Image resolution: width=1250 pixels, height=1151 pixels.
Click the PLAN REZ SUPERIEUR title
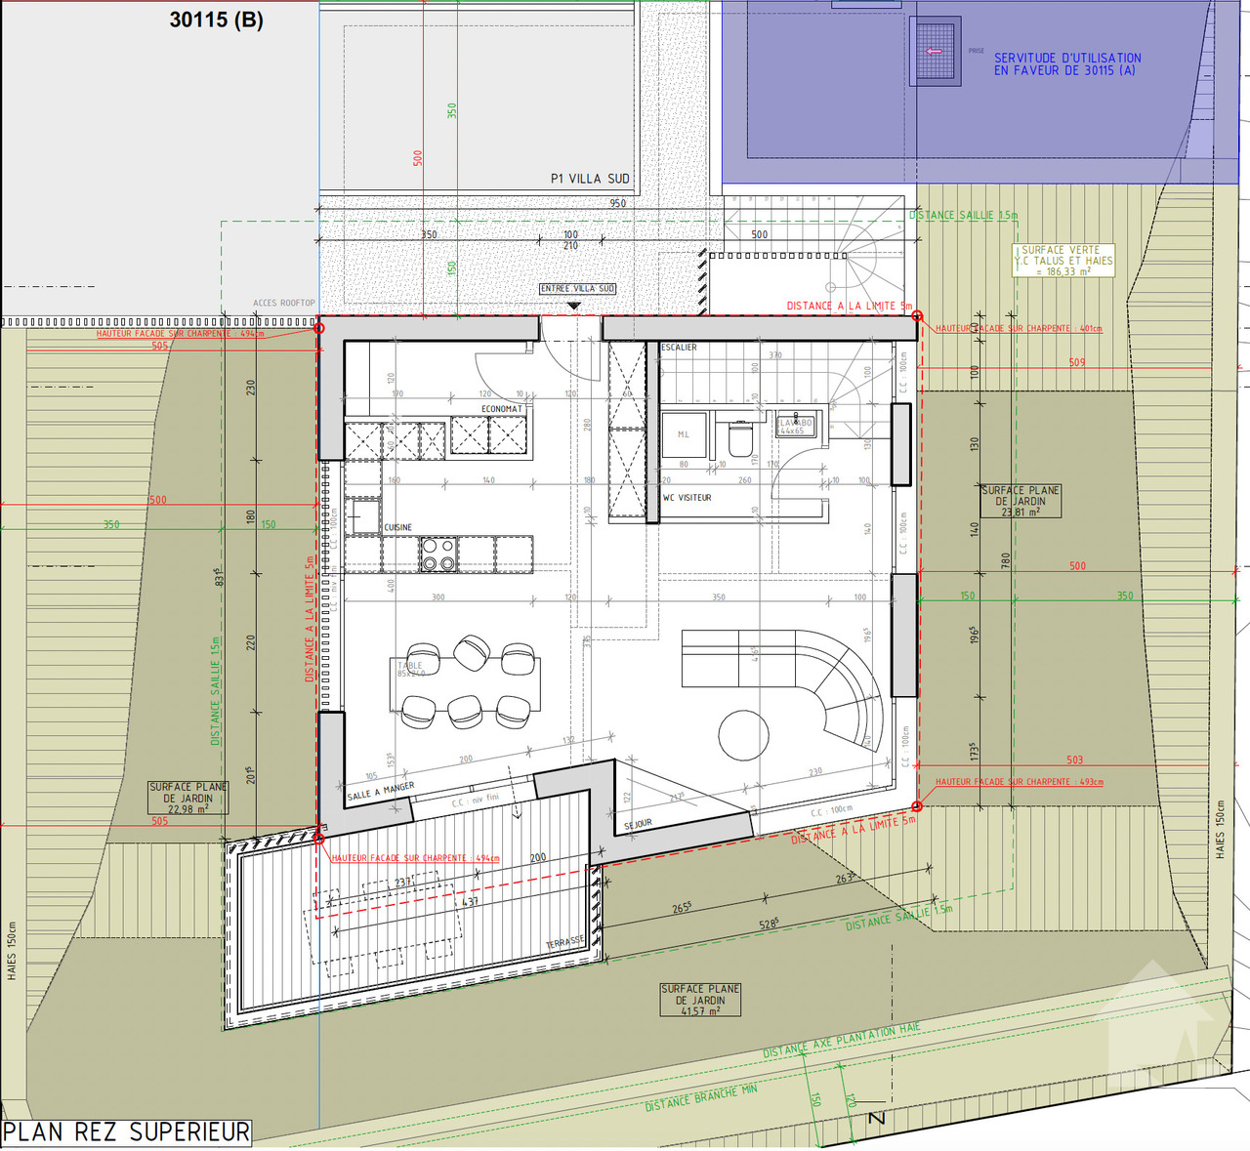tap(127, 1132)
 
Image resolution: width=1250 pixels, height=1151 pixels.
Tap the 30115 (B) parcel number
tap(216, 20)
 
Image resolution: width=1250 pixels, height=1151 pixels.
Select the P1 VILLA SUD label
tap(590, 179)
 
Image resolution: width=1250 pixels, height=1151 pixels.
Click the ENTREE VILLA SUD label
tap(577, 289)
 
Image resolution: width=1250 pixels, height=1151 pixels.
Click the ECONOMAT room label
tap(501, 409)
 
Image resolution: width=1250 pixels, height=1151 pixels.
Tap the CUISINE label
tap(397, 527)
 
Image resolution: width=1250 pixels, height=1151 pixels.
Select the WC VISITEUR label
tap(687, 498)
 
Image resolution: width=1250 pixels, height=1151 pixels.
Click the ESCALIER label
tap(679, 348)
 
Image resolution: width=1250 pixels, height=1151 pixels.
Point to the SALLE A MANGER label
tap(381, 791)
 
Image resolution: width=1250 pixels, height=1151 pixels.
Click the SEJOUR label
tap(638, 825)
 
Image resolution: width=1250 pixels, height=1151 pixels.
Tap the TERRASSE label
tap(564, 942)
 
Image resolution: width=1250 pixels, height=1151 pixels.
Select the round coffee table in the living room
tap(743, 734)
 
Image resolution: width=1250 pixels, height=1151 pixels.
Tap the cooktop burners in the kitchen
tap(437, 555)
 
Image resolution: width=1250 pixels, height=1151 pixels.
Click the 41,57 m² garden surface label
tap(700, 1000)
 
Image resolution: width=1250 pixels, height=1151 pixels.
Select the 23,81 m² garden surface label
tap(1021, 501)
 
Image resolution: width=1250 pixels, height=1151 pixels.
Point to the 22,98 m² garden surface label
tap(187, 798)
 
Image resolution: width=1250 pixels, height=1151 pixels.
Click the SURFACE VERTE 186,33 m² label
tap(1063, 261)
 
